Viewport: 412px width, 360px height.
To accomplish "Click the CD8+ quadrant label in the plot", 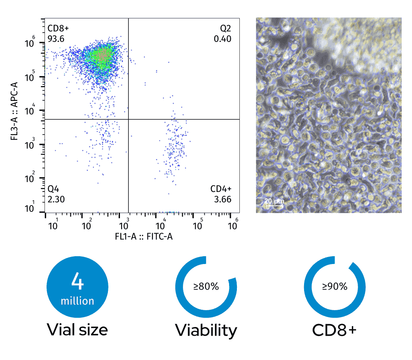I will pyautogui.click(x=58, y=29).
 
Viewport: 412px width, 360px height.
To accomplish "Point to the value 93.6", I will pyautogui.click(x=56, y=39).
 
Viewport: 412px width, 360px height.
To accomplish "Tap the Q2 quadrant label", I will pyautogui.click(x=225, y=29).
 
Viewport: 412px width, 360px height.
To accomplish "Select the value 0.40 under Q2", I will pyautogui.click(x=223, y=39).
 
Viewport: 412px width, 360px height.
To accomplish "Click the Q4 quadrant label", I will pyautogui.click(x=54, y=189).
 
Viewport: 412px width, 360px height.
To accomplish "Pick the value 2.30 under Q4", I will pyautogui.click(x=56, y=199).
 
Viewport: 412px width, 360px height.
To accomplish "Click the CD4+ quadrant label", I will pyautogui.click(x=221, y=189).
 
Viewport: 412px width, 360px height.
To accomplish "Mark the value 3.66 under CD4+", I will pyautogui.click(x=223, y=199).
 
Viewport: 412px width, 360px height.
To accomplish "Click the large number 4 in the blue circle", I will pyautogui.click(x=77, y=281).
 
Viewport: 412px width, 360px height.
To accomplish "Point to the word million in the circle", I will pyautogui.click(x=77, y=301).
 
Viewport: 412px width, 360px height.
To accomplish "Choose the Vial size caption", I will pyautogui.click(x=77, y=330).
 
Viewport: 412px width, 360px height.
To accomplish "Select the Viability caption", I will pyautogui.click(x=206, y=330).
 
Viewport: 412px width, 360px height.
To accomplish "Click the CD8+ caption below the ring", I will pyautogui.click(x=334, y=330).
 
